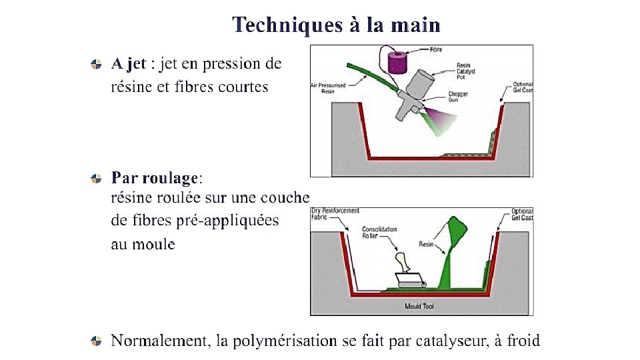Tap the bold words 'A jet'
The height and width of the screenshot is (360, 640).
click(x=129, y=64)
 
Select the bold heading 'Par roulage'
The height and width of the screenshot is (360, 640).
click(x=155, y=178)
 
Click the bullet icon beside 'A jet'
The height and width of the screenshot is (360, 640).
click(x=97, y=64)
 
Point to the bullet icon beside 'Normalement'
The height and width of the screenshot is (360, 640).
click(x=97, y=341)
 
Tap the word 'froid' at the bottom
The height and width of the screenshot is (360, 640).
click(x=523, y=341)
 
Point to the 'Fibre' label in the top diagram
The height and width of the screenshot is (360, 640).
click(x=436, y=49)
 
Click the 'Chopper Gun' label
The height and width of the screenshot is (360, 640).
click(x=458, y=97)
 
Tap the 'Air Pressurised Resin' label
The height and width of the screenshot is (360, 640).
click(x=323, y=89)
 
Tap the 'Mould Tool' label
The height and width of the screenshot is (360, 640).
click(x=420, y=307)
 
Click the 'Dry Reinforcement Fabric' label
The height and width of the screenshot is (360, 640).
click(x=335, y=213)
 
